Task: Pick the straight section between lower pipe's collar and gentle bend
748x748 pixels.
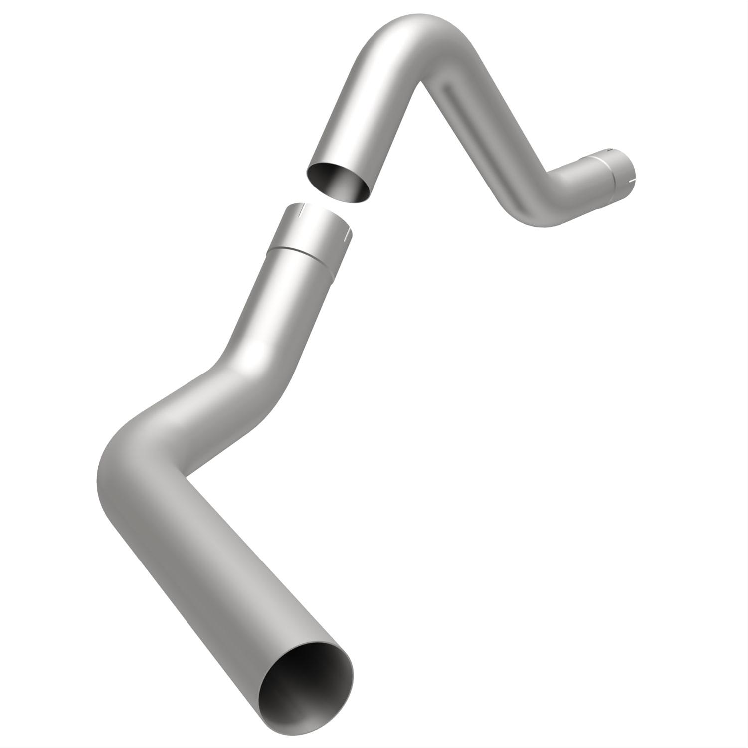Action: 279,299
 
